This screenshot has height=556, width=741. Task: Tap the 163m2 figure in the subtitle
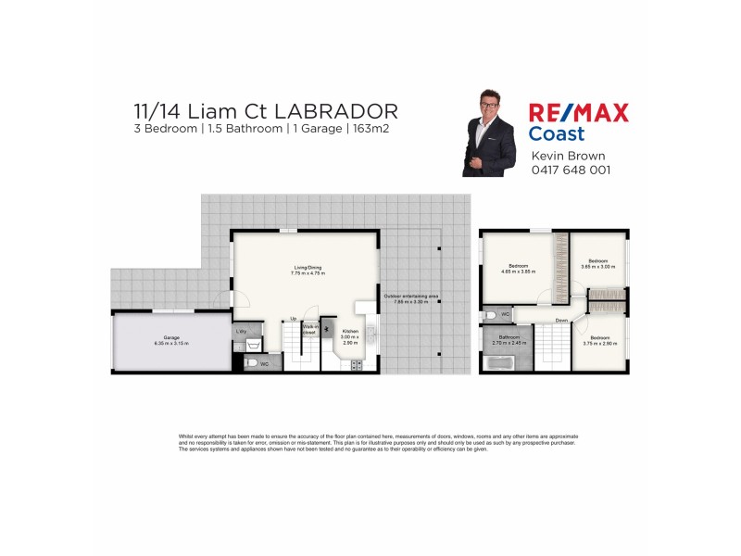click(368, 130)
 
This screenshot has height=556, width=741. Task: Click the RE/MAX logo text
click(578, 113)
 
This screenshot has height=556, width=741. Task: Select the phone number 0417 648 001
click(571, 171)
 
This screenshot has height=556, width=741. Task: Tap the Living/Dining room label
click(307, 269)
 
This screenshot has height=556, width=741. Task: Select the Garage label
click(171, 337)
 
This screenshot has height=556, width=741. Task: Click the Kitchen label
click(350, 331)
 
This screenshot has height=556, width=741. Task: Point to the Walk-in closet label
click(308, 329)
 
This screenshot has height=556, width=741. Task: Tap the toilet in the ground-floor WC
click(253, 364)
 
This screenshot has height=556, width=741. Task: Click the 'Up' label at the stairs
click(294, 319)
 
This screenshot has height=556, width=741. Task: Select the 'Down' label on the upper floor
click(561, 321)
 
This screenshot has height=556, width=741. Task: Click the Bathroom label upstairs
click(509, 337)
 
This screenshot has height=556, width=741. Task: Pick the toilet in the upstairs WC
click(490, 316)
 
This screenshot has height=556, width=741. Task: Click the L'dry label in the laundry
click(241, 331)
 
